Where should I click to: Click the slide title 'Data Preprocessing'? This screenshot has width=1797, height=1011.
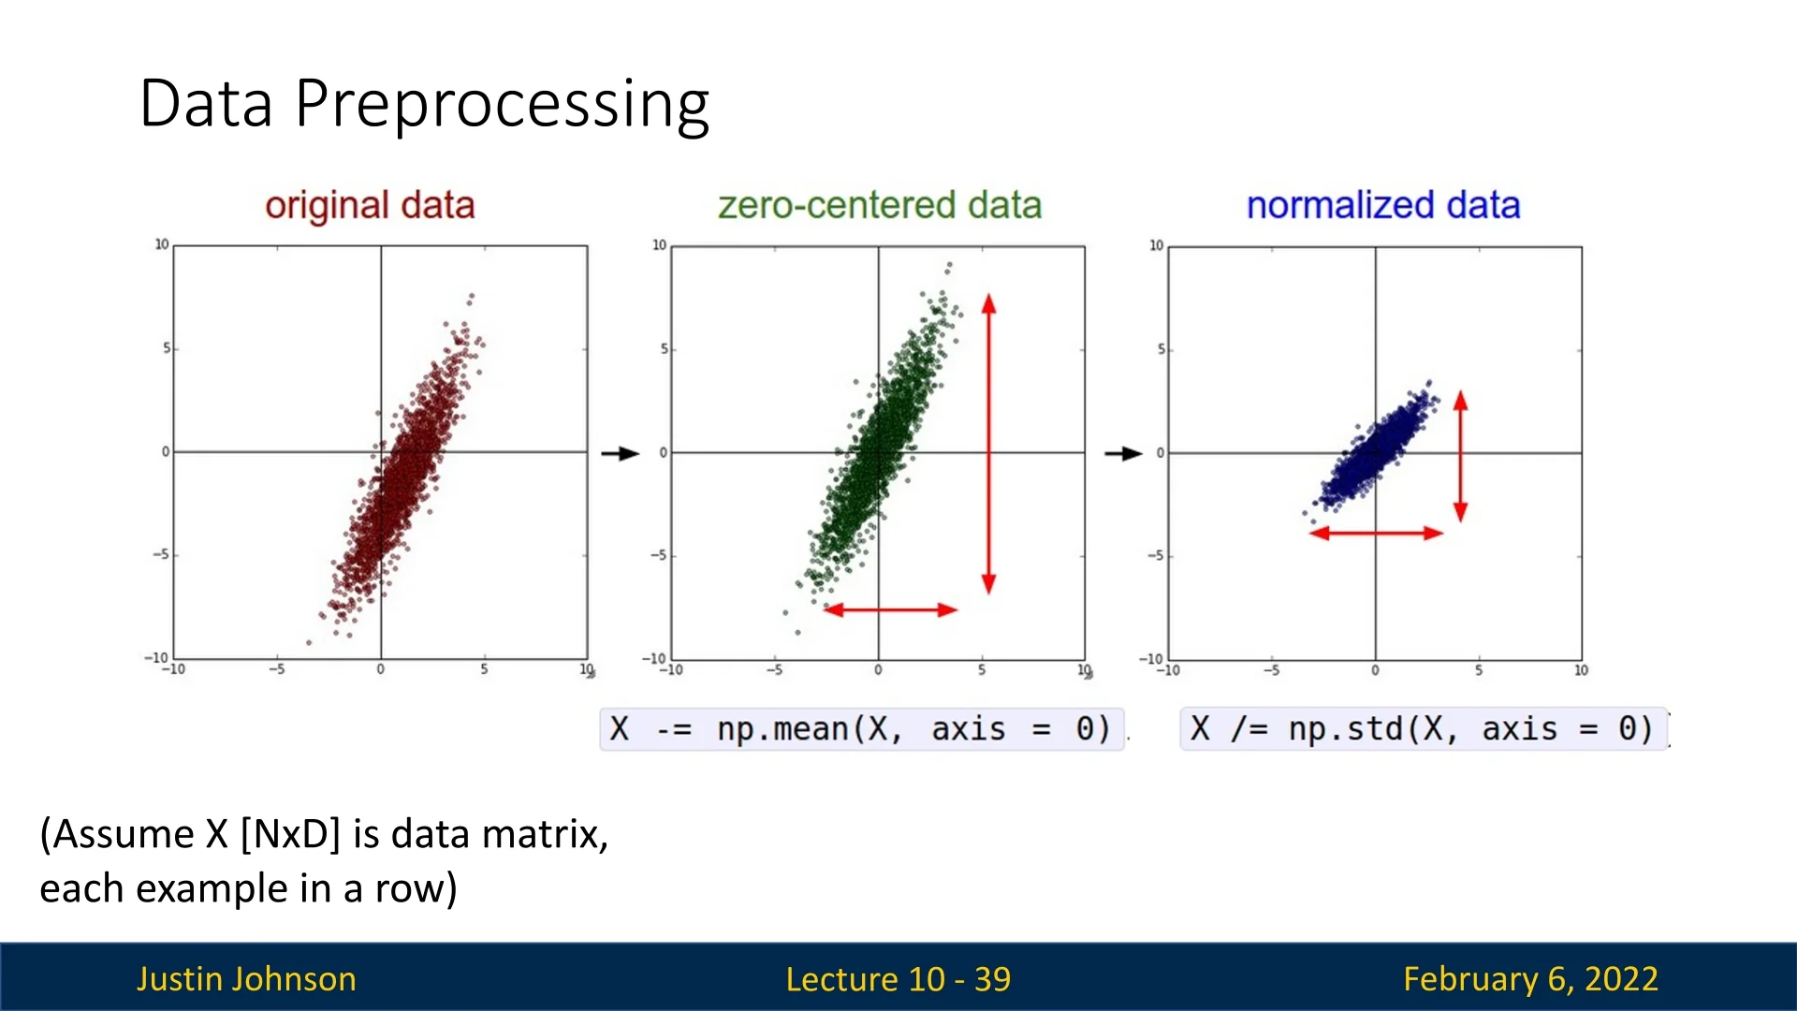(424, 103)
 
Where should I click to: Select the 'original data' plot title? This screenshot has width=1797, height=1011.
(370, 206)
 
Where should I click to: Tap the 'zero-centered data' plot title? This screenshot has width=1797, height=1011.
(879, 206)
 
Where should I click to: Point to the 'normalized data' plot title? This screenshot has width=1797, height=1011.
(1382, 206)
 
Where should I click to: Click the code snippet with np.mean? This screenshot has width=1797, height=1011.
(861, 729)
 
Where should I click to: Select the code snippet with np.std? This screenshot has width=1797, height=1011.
(1422, 729)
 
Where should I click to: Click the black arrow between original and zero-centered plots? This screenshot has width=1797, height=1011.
(620, 454)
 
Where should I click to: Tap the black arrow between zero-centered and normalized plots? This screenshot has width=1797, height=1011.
(1123, 454)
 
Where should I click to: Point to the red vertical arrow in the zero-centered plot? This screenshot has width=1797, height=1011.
(988, 445)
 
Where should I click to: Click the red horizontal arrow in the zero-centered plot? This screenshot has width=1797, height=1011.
(890, 610)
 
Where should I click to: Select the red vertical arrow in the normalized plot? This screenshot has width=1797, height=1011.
(1460, 457)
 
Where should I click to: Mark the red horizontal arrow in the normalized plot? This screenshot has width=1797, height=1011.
(1375, 534)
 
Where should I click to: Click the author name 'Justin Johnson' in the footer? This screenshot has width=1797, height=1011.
(246, 979)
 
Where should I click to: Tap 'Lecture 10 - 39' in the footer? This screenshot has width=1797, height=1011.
(898, 979)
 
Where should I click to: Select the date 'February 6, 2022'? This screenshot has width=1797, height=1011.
(1530, 979)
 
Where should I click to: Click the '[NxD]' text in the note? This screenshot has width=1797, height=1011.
(290, 834)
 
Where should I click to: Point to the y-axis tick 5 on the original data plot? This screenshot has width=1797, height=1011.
(167, 348)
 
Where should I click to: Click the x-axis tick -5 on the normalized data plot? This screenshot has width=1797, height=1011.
(1271, 670)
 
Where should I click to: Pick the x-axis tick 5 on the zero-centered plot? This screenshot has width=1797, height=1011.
(982, 670)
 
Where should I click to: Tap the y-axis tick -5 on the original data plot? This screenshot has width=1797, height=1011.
(163, 554)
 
